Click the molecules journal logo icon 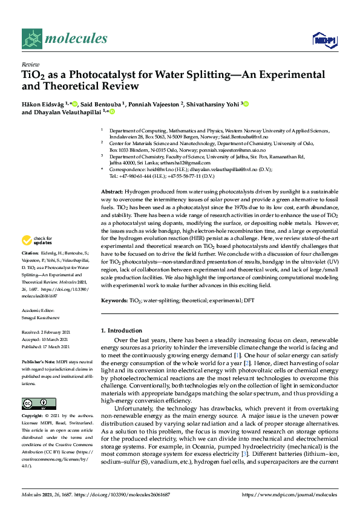click(31, 39)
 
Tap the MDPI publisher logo click(324, 40)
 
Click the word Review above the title click(30, 64)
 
